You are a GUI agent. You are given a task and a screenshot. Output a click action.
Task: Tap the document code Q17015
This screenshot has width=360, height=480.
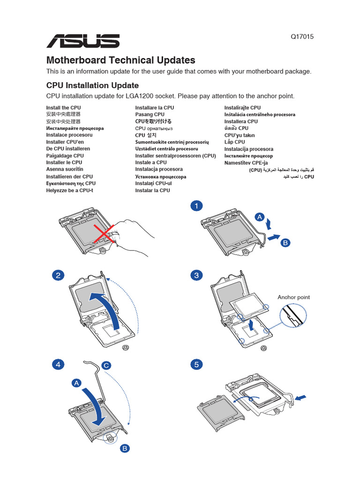(303, 37)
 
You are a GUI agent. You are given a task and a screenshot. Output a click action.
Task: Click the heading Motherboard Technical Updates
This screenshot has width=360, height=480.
(120, 60)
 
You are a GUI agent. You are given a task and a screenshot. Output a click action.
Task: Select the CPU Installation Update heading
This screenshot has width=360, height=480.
(92, 85)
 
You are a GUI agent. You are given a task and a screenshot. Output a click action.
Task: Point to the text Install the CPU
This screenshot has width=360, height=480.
(64, 107)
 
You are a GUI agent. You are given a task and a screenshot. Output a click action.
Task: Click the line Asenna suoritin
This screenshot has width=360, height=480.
(65, 169)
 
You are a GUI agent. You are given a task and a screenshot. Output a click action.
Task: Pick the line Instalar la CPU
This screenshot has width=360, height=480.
(152, 190)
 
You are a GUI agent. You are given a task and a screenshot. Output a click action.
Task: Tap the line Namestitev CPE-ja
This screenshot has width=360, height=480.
(246, 163)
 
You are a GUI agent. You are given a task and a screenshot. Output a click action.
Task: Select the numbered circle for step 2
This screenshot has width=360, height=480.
(58, 276)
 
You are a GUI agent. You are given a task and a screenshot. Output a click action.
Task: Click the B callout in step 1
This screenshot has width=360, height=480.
(285, 243)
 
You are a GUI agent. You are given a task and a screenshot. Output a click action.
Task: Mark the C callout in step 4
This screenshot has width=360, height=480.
(106, 365)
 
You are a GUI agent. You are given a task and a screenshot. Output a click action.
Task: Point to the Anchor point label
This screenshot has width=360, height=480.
(293, 297)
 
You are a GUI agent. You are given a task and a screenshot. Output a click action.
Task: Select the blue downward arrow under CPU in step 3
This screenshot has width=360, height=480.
(252, 324)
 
